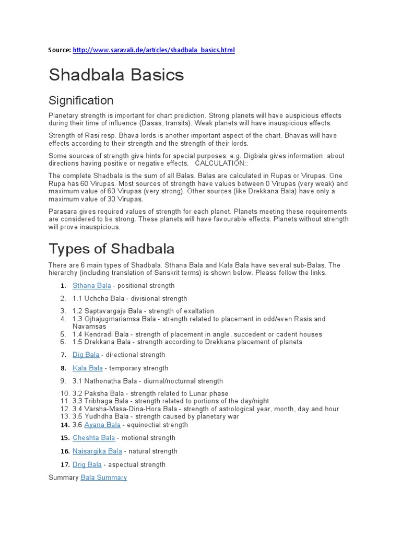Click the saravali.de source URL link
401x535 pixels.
pyautogui.click(x=154, y=50)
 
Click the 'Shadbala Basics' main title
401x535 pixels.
pyautogui.click(x=116, y=75)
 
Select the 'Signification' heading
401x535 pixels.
pyautogui.click(x=81, y=100)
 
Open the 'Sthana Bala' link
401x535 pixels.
pyautogui.click(x=92, y=286)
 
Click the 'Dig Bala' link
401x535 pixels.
pyautogui.click(x=86, y=355)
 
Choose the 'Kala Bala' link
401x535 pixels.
pyautogui.click(x=88, y=368)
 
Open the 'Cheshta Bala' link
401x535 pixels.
pyautogui.click(x=94, y=438)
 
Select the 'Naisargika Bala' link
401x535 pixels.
pyautogui.click(x=98, y=451)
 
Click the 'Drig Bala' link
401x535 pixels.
pyautogui.click(x=87, y=464)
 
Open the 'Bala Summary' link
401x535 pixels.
pyautogui.click(x=103, y=478)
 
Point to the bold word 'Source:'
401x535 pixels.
pyautogui.click(x=60, y=50)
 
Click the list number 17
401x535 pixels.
pyautogui.click(x=65, y=464)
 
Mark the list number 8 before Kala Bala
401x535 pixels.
pyautogui.click(x=63, y=368)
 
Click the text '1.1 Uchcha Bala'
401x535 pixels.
pyautogui.click(x=99, y=299)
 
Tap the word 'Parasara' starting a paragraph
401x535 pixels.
pyautogui.click(x=62, y=212)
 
